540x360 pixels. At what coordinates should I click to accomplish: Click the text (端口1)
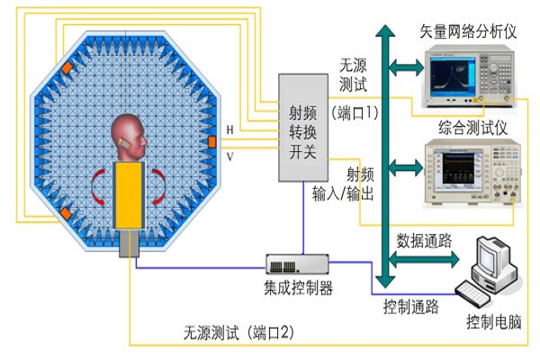click(x=357, y=112)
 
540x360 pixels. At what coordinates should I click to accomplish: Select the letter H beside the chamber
click(x=230, y=130)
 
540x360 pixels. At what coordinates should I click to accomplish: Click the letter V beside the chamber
click(x=230, y=155)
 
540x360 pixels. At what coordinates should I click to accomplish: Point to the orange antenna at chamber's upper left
click(x=67, y=69)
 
